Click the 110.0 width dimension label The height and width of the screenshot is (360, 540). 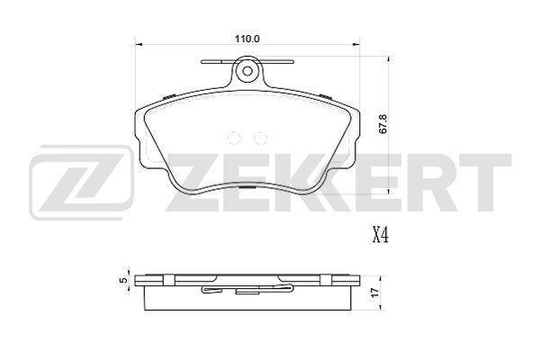point(247,39)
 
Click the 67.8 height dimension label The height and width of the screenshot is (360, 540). point(384,124)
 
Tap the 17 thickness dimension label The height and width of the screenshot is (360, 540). point(375,292)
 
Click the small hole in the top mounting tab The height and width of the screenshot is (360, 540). point(247,71)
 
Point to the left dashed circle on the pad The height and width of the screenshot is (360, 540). point(235,138)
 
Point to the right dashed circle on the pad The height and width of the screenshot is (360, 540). point(260,138)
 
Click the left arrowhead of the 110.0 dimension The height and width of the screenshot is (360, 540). point(138,44)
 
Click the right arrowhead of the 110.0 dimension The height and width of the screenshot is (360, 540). point(356,44)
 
